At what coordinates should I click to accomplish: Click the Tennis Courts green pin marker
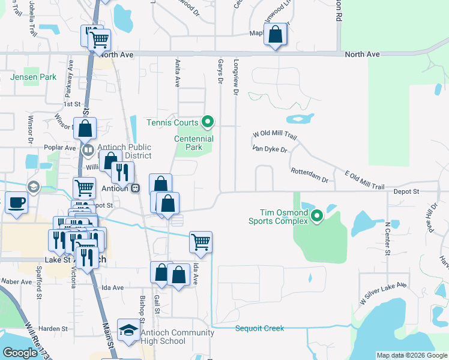[208, 122]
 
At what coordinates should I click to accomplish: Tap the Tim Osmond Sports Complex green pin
[317, 216]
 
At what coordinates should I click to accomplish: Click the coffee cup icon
[16, 202]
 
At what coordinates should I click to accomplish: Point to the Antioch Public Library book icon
[88, 149]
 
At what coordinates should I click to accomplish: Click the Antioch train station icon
[136, 187]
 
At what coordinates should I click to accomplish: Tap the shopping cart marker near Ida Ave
[200, 242]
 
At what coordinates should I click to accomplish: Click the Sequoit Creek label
[259, 328]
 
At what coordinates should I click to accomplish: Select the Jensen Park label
[33, 77]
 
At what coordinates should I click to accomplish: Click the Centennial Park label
[194, 143]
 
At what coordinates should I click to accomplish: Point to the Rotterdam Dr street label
[310, 175]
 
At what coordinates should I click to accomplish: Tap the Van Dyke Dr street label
[270, 148]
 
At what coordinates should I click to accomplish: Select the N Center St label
[387, 238]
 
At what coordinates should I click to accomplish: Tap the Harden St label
[53, 329]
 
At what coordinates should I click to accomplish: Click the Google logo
[20, 353]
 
